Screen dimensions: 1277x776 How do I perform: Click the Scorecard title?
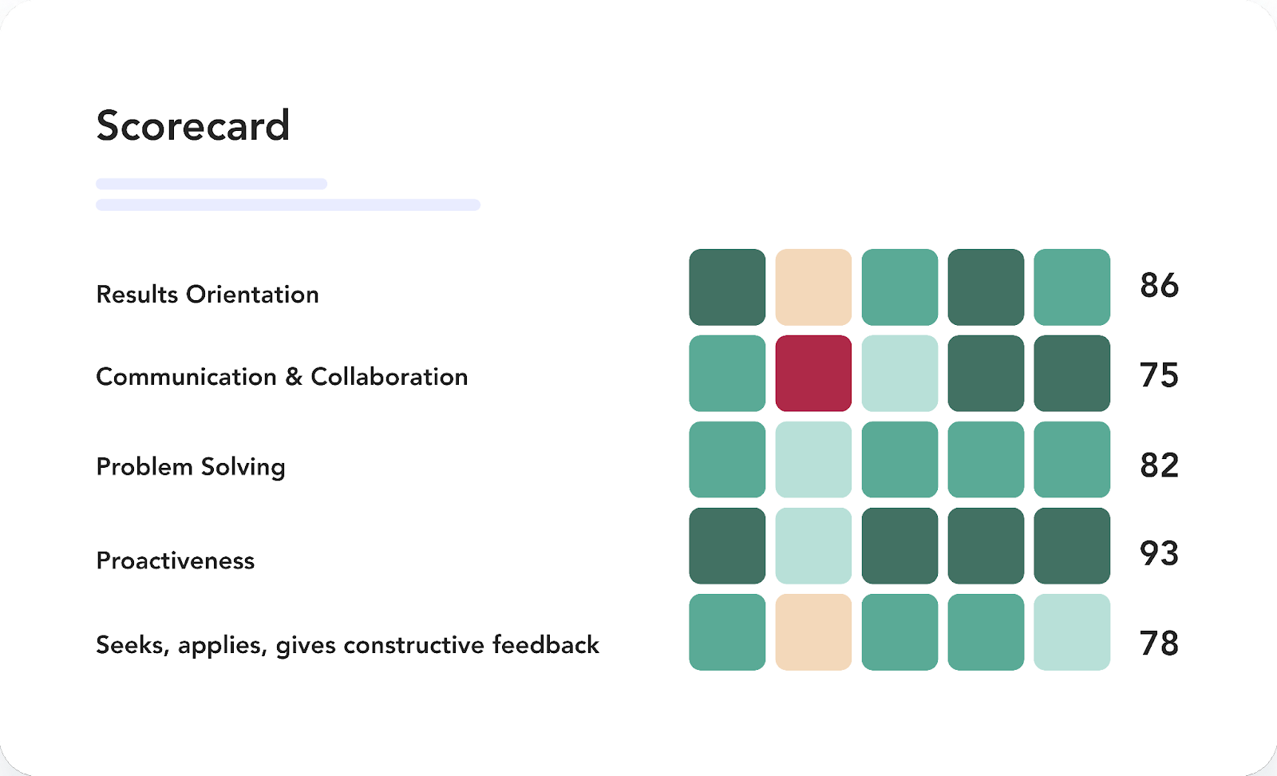(x=192, y=125)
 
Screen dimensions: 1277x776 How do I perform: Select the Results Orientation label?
(x=207, y=295)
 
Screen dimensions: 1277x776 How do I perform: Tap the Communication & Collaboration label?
(x=282, y=377)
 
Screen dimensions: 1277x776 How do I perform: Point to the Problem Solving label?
(x=191, y=467)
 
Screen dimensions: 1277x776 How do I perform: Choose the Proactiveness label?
(x=175, y=560)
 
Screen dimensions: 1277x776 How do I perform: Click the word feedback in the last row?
(x=546, y=645)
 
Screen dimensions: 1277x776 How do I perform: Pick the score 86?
(x=1159, y=286)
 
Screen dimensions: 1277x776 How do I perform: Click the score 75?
(x=1159, y=376)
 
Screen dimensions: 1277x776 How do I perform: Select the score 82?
(x=1159, y=465)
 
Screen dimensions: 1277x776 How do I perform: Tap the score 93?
(x=1159, y=553)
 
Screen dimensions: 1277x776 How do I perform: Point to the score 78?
(x=1159, y=643)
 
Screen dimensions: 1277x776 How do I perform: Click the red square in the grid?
(x=813, y=374)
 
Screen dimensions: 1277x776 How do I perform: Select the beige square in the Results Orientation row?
(x=813, y=287)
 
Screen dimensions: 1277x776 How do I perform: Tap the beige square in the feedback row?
(x=813, y=632)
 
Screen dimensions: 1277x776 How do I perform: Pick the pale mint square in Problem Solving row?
(x=813, y=460)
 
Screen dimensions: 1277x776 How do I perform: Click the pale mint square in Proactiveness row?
(x=813, y=545)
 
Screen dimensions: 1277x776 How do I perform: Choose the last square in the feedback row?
(x=1072, y=632)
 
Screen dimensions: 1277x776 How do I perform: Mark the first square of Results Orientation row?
(x=727, y=287)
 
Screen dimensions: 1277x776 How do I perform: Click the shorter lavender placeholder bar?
(x=212, y=184)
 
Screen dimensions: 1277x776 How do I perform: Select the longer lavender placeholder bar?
(x=288, y=204)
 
